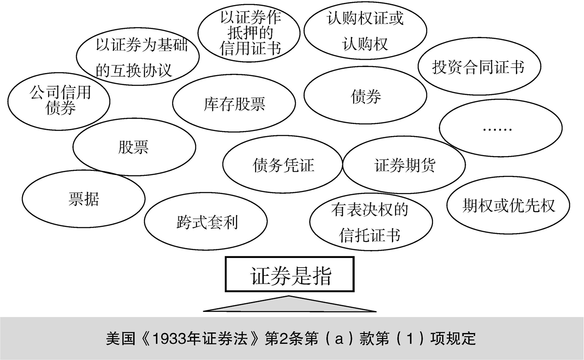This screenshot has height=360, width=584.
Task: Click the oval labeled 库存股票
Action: (x=234, y=103)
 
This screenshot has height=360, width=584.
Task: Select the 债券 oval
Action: (x=365, y=95)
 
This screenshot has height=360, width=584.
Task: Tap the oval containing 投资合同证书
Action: (x=479, y=66)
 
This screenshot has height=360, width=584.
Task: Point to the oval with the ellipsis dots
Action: (x=501, y=128)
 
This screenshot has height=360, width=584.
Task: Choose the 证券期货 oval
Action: (x=404, y=165)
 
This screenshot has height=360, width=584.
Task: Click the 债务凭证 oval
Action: (x=282, y=164)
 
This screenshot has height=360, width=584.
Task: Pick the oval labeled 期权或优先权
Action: (x=508, y=205)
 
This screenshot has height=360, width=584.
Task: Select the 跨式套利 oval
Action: (x=206, y=221)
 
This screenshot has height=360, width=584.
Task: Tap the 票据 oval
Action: (x=83, y=199)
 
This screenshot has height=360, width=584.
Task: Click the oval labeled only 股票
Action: (x=134, y=147)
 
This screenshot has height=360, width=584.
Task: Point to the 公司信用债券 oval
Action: (x=59, y=101)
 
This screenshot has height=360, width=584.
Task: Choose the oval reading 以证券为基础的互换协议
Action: (x=138, y=56)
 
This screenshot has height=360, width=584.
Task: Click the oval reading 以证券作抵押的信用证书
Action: (x=249, y=33)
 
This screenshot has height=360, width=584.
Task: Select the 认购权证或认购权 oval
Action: (x=365, y=31)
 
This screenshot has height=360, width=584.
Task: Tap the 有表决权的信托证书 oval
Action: (x=371, y=222)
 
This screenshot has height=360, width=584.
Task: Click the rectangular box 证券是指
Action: (x=290, y=274)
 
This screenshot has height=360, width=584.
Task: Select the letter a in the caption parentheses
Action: (x=339, y=339)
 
